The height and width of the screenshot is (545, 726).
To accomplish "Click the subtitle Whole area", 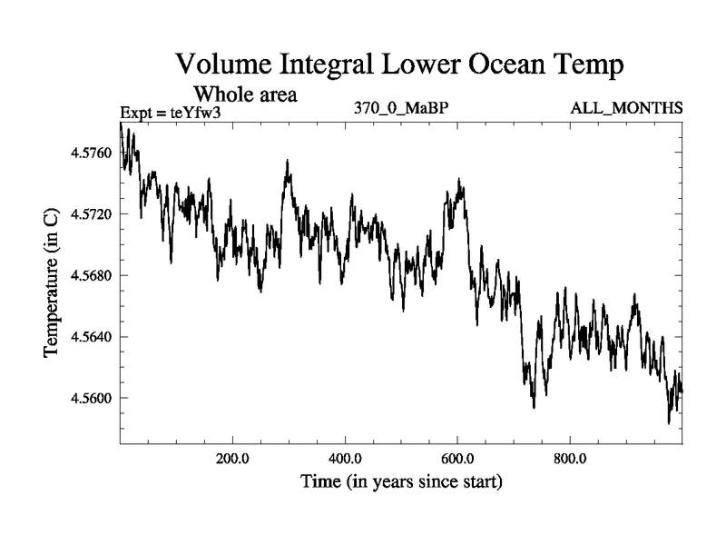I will [x=246, y=94].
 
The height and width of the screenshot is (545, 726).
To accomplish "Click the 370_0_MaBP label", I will [x=402, y=108].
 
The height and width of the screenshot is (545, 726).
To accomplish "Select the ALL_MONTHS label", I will [x=626, y=108].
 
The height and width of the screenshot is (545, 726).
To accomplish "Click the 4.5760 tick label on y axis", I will [x=90, y=153].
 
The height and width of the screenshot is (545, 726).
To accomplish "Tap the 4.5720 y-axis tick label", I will [x=90, y=214].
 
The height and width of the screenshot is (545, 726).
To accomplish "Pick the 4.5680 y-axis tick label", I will [x=90, y=275].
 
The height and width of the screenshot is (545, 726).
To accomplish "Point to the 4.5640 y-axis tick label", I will [x=90, y=337].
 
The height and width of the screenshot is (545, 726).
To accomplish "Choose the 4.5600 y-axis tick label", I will [x=90, y=398].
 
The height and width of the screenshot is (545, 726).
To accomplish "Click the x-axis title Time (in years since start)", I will [x=401, y=482].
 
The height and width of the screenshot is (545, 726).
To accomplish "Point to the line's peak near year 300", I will [x=287, y=161].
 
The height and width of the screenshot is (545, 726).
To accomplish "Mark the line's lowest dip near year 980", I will [x=669, y=422].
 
